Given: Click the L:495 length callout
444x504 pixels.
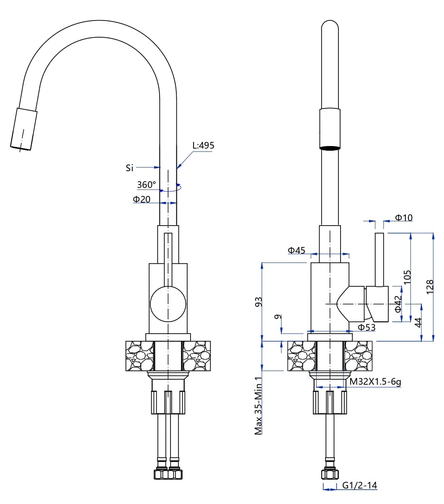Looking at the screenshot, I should coord(203,146).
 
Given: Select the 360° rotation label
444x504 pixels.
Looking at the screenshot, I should coord(146,185).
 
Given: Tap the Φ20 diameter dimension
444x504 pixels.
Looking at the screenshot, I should coord(142,199).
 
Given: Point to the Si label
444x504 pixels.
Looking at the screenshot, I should coord(129,168).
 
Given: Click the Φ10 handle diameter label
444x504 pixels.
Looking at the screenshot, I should coord(404,218).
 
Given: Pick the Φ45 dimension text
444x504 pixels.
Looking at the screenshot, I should coord(296,250).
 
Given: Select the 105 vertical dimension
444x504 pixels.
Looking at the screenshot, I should coord(408,277).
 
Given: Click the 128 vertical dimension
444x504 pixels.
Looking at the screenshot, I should coord(430,287).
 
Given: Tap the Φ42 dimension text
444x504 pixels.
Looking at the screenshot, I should coord(398,304).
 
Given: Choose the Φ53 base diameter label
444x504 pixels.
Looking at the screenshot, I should coord(367,327).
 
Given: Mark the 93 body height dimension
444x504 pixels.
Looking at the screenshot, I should coord(259,301).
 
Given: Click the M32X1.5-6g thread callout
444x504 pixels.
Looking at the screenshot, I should coord(375,382).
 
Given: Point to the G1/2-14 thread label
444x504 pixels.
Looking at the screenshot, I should coord(359,486).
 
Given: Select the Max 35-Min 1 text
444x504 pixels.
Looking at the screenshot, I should coord(258,405).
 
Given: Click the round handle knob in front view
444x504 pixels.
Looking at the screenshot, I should coord(168,304).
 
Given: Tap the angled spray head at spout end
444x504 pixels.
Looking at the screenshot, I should coord(23,129).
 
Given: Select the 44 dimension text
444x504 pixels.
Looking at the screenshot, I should coord(418,322).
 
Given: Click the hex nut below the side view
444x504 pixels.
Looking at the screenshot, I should coord(330,474).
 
